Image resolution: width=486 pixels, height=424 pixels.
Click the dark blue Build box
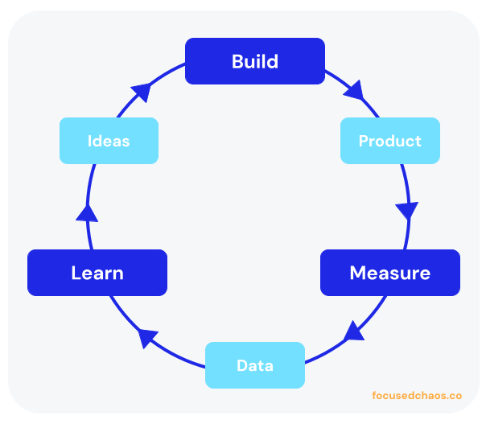255,61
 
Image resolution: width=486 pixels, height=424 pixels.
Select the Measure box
390,273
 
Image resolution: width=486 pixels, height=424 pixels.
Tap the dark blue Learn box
97,273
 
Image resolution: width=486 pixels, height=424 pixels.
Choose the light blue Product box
390,141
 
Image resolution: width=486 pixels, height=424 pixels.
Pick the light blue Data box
255,365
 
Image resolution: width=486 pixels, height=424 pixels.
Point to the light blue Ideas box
109,141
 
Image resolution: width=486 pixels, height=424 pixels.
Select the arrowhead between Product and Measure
407,211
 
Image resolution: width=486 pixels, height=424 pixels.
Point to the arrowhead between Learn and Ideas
87,212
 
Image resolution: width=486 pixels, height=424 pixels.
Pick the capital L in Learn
76,273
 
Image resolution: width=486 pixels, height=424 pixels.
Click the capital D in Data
241,365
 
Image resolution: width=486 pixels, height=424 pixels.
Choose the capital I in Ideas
89,141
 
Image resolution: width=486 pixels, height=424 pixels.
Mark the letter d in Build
273,61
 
